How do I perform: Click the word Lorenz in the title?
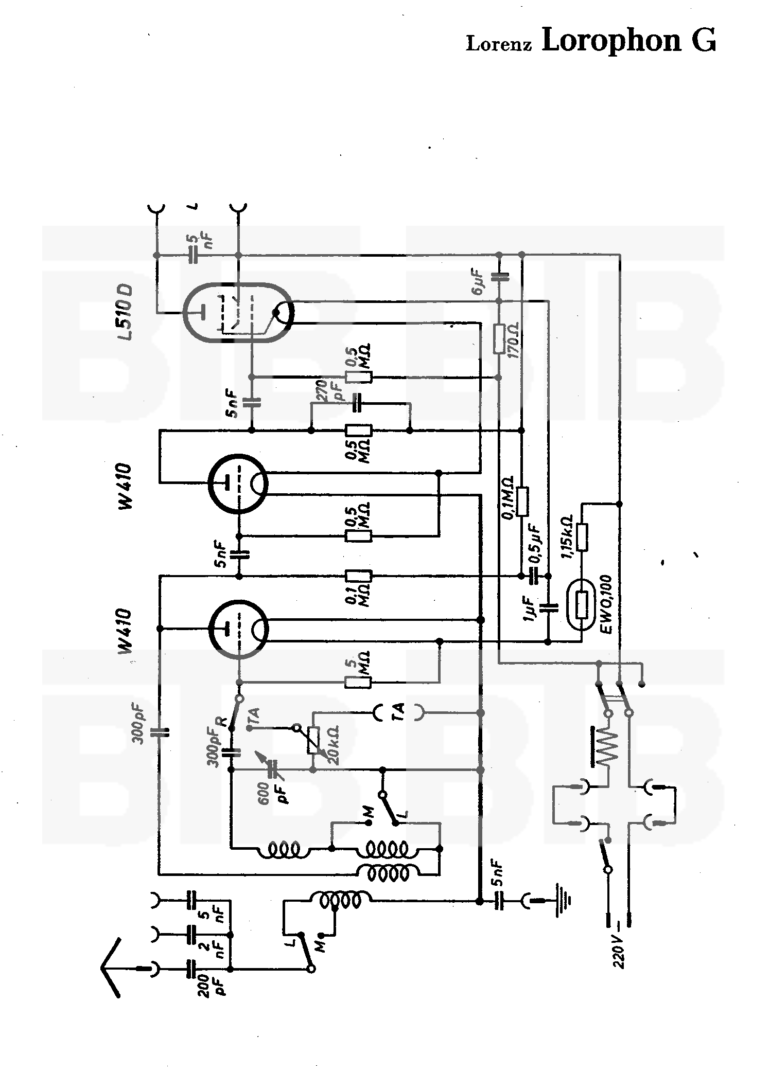pos(498,44)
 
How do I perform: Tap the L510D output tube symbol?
pos(238,312)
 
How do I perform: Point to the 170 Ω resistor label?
pos(513,341)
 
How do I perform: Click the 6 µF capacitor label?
pos(477,281)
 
